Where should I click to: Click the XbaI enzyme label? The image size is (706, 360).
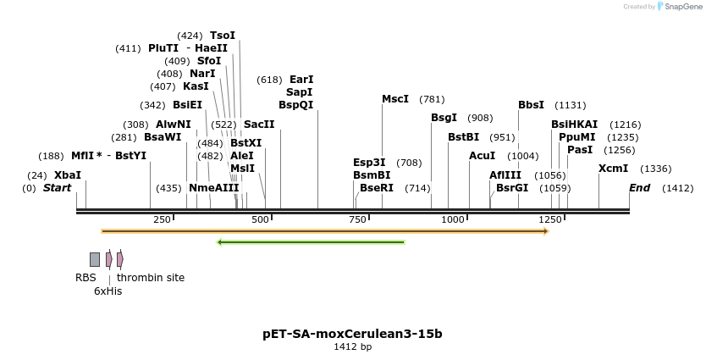[x=68, y=175]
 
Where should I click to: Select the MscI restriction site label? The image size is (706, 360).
[x=395, y=99]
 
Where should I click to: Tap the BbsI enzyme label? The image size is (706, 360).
[x=531, y=105]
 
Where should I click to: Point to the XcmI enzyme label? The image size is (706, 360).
[x=613, y=169]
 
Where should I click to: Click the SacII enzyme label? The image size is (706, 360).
[x=259, y=125]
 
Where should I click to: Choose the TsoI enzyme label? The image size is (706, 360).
[x=223, y=36]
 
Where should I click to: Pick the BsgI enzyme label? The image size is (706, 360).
[x=444, y=118]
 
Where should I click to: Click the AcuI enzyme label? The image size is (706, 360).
[x=482, y=156]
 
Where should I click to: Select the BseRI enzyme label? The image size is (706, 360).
[x=377, y=188]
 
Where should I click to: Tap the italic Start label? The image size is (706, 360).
[x=57, y=188]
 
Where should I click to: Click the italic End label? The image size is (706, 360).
[x=639, y=188]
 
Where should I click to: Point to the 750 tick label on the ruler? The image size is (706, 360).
[x=357, y=220]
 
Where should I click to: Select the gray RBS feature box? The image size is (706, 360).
[x=95, y=259]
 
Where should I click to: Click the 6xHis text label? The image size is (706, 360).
[x=108, y=291]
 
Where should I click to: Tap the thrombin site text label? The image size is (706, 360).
[x=151, y=278]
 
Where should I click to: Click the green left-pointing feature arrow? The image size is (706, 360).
[x=311, y=242]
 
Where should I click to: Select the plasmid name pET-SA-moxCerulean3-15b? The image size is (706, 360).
[x=352, y=334]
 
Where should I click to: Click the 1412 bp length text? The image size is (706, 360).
[x=352, y=346]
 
